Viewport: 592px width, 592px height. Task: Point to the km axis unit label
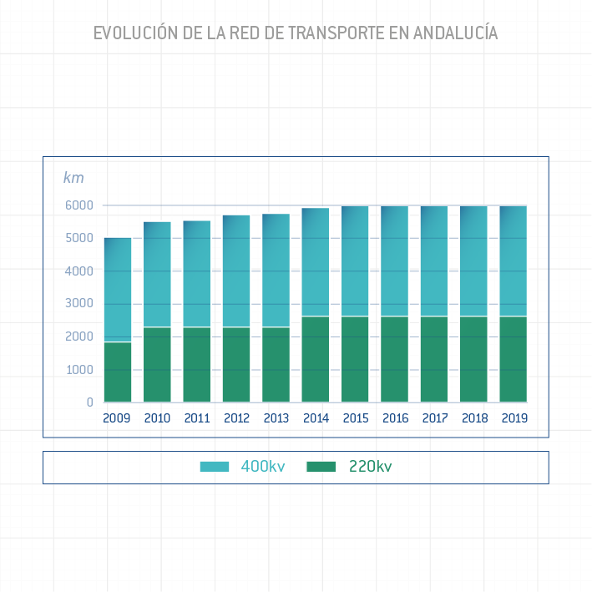tap(73, 178)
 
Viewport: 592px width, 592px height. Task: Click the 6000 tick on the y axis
tap(80, 205)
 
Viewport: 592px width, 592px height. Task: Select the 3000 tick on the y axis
tap(80, 304)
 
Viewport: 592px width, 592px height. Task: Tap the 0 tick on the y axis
tap(89, 402)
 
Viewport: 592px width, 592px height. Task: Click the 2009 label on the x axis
tap(117, 418)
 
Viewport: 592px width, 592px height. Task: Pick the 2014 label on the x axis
tap(316, 418)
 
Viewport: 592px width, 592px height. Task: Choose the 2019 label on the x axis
tap(514, 418)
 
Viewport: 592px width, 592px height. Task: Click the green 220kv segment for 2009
tap(118, 372)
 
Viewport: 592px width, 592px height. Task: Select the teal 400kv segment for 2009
tap(118, 290)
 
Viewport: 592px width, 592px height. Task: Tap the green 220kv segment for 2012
tap(236, 365)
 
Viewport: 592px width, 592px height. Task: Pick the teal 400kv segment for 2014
tap(316, 262)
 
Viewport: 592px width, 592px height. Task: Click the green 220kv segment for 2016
tap(395, 359)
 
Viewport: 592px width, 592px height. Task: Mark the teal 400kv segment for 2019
tap(514, 261)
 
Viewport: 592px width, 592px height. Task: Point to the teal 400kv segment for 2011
tap(197, 274)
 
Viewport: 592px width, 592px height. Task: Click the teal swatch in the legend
tap(215, 467)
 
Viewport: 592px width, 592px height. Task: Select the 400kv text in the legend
tap(263, 467)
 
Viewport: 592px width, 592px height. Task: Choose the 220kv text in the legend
tap(370, 467)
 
